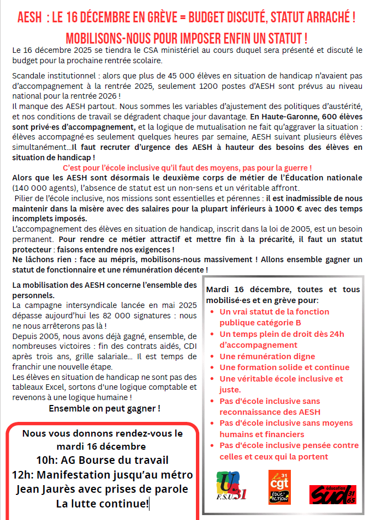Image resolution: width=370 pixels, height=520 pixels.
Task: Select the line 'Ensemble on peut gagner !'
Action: point(104,408)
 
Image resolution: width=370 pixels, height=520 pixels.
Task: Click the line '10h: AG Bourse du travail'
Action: point(102,459)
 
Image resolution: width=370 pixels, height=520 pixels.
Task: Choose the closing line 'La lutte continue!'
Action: point(102,503)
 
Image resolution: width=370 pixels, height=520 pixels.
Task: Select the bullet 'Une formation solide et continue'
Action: point(284,367)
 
